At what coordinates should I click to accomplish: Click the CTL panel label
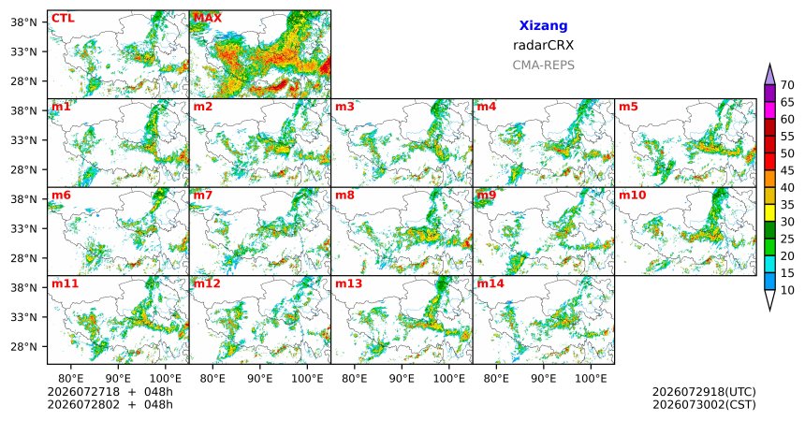pyautogui.click(x=63, y=19)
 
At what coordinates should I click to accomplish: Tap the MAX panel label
pyautogui.click(x=208, y=19)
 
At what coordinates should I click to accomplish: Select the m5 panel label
pyautogui.click(x=628, y=107)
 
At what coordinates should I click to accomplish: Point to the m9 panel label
pyautogui.click(x=487, y=196)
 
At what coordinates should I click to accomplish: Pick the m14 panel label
pyautogui.click(x=490, y=283)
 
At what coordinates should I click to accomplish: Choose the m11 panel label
pyautogui.click(x=65, y=283)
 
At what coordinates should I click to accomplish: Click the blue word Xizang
pyautogui.click(x=543, y=25)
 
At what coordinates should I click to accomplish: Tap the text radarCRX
pyautogui.click(x=543, y=45)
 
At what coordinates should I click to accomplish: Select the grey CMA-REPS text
pyautogui.click(x=543, y=65)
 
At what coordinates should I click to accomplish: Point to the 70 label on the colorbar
pyautogui.click(x=787, y=85)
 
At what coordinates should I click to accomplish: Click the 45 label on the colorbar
pyautogui.click(x=787, y=170)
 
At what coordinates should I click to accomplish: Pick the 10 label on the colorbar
pyautogui.click(x=787, y=290)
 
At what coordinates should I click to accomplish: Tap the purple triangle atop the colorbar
pyautogui.click(x=769, y=76)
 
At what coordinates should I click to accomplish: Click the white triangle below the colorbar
pyautogui.click(x=769, y=298)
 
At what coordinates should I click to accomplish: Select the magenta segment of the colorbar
pyautogui.click(x=769, y=110)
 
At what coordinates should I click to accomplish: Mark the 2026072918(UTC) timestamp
pyautogui.click(x=704, y=392)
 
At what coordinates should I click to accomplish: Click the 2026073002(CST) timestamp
pyautogui.click(x=704, y=404)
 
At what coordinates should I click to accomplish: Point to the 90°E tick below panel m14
pyautogui.click(x=544, y=379)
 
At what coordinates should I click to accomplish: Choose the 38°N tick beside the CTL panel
pyautogui.click(x=23, y=22)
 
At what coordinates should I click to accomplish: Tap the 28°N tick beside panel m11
pyautogui.click(x=23, y=346)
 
